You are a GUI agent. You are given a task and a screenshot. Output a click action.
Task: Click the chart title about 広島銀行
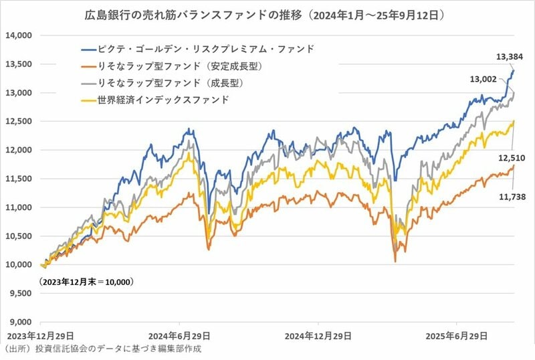click(267, 13)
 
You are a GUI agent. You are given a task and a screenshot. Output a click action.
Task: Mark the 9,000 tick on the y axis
click(20, 322)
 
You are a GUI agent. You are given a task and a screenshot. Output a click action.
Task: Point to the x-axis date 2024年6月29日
click(181, 335)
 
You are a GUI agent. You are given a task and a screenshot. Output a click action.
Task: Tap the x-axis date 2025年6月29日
click(456, 335)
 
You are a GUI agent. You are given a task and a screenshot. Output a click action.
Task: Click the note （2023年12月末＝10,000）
click(86, 282)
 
